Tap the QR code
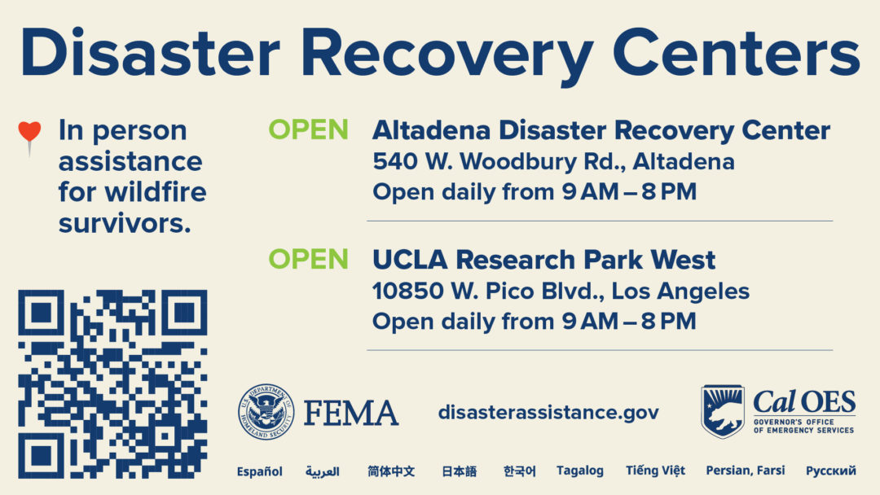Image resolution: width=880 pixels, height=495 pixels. [x=112, y=384]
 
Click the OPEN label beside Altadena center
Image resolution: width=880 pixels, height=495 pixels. [x=308, y=129]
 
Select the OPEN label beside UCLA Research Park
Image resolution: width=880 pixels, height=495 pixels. [x=308, y=259]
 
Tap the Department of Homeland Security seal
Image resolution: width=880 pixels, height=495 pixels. [x=266, y=411]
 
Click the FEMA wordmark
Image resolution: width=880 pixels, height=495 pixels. [x=351, y=413]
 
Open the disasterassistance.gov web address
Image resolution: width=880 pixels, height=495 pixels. [x=548, y=413]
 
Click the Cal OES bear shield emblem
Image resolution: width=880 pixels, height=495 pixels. [x=723, y=411]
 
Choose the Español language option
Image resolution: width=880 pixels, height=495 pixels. [x=259, y=471]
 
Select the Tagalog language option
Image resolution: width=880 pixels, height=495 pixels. [x=580, y=471]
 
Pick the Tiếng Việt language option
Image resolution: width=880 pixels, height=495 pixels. [x=655, y=470]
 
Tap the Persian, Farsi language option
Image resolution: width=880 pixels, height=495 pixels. [x=746, y=471]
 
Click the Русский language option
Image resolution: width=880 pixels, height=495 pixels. [x=830, y=471]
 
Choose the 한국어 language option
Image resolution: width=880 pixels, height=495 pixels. [x=519, y=471]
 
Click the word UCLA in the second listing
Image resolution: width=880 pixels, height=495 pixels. [x=410, y=260]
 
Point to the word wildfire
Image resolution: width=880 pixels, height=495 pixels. [x=156, y=192]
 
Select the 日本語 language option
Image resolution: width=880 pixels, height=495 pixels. [x=459, y=471]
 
